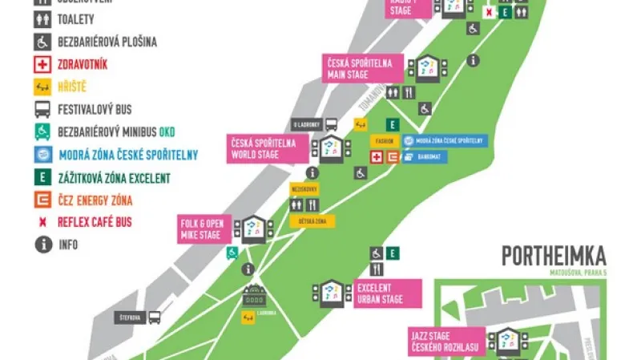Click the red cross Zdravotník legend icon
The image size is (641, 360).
click(x=42, y=65)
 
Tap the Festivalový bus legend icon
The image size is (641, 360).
click(x=42, y=110)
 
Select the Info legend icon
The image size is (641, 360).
click(x=42, y=245)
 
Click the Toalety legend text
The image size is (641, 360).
click(x=76, y=20)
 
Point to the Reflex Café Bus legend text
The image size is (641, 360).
click(x=95, y=222)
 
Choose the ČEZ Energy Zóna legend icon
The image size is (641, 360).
click(x=42, y=200)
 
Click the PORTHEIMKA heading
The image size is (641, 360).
click(x=554, y=256)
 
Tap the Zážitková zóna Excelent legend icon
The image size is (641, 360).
click(x=42, y=177)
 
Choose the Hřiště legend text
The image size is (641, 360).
click(x=71, y=87)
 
